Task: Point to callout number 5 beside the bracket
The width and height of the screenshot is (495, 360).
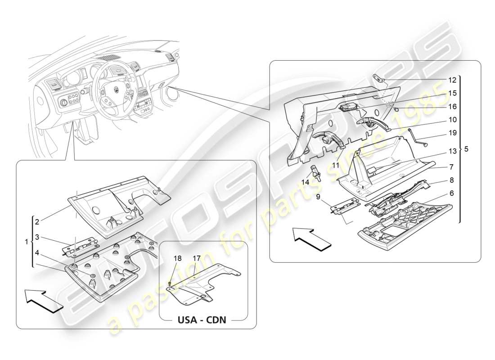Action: [466, 149]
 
